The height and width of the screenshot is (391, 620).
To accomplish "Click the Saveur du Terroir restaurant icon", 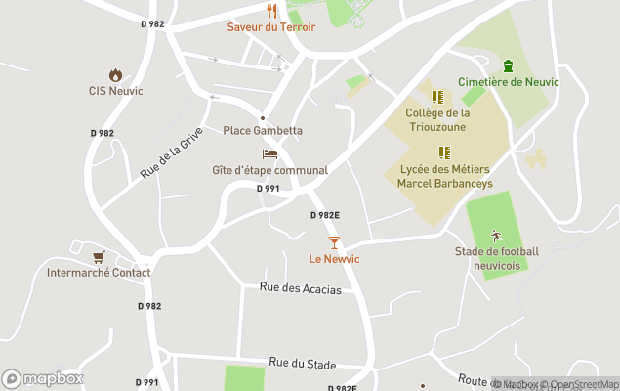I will click(x=271, y=11).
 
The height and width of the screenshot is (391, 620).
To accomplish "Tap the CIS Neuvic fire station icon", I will click(x=115, y=75).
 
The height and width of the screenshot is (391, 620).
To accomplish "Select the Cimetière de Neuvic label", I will click(x=509, y=82).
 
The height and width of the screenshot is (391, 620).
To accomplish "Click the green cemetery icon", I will click(x=508, y=65).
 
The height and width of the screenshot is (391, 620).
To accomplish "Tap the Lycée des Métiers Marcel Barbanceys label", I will click(x=446, y=176).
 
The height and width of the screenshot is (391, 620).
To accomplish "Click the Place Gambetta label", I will click(x=263, y=131).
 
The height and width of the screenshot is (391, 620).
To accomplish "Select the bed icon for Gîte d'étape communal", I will click(x=270, y=154).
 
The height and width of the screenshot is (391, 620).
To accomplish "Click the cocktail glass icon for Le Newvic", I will click(x=334, y=242).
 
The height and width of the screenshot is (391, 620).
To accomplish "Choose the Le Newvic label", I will click(x=334, y=259).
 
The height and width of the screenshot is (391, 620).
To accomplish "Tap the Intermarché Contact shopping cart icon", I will click(x=99, y=257).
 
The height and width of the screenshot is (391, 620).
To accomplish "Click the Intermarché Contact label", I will click(x=99, y=273).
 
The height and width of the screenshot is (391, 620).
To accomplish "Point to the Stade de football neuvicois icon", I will click(x=496, y=236).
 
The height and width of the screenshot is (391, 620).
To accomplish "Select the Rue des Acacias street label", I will click(x=301, y=288).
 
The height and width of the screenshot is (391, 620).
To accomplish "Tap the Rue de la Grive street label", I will click(x=172, y=152).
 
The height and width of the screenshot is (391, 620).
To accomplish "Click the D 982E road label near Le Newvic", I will click(x=325, y=215).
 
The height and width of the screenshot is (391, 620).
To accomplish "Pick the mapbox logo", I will click(x=43, y=379).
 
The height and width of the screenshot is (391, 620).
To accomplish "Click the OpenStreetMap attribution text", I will click(x=583, y=384).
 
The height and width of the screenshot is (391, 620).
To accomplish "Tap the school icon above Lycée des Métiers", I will click(x=444, y=152).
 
